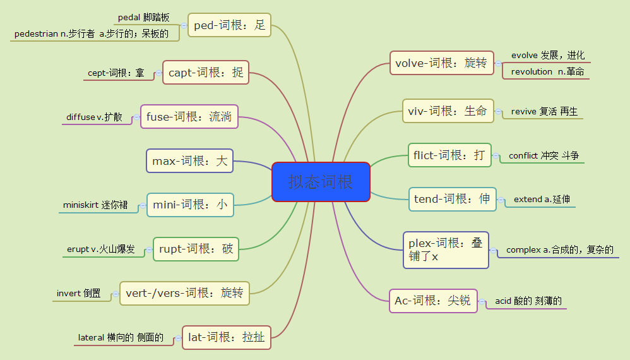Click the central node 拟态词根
click(321, 182)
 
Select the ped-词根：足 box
click(229, 25)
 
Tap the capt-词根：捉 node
click(206, 73)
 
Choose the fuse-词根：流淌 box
click(189, 116)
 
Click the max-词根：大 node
click(189, 161)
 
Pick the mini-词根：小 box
click(190, 205)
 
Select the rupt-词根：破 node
click(196, 249)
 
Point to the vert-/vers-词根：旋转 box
click(184, 293)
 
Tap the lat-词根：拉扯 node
click(226, 337)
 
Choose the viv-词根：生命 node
click(448, 111)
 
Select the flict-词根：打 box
click(449, 155)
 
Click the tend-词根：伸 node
click(452, 199)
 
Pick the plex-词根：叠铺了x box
click(446, 250)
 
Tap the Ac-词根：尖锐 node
click(432, 301)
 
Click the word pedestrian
click(37, 33)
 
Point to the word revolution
click(532, 71)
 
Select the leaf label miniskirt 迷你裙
click(95, 205)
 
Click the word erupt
click(78, 249)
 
